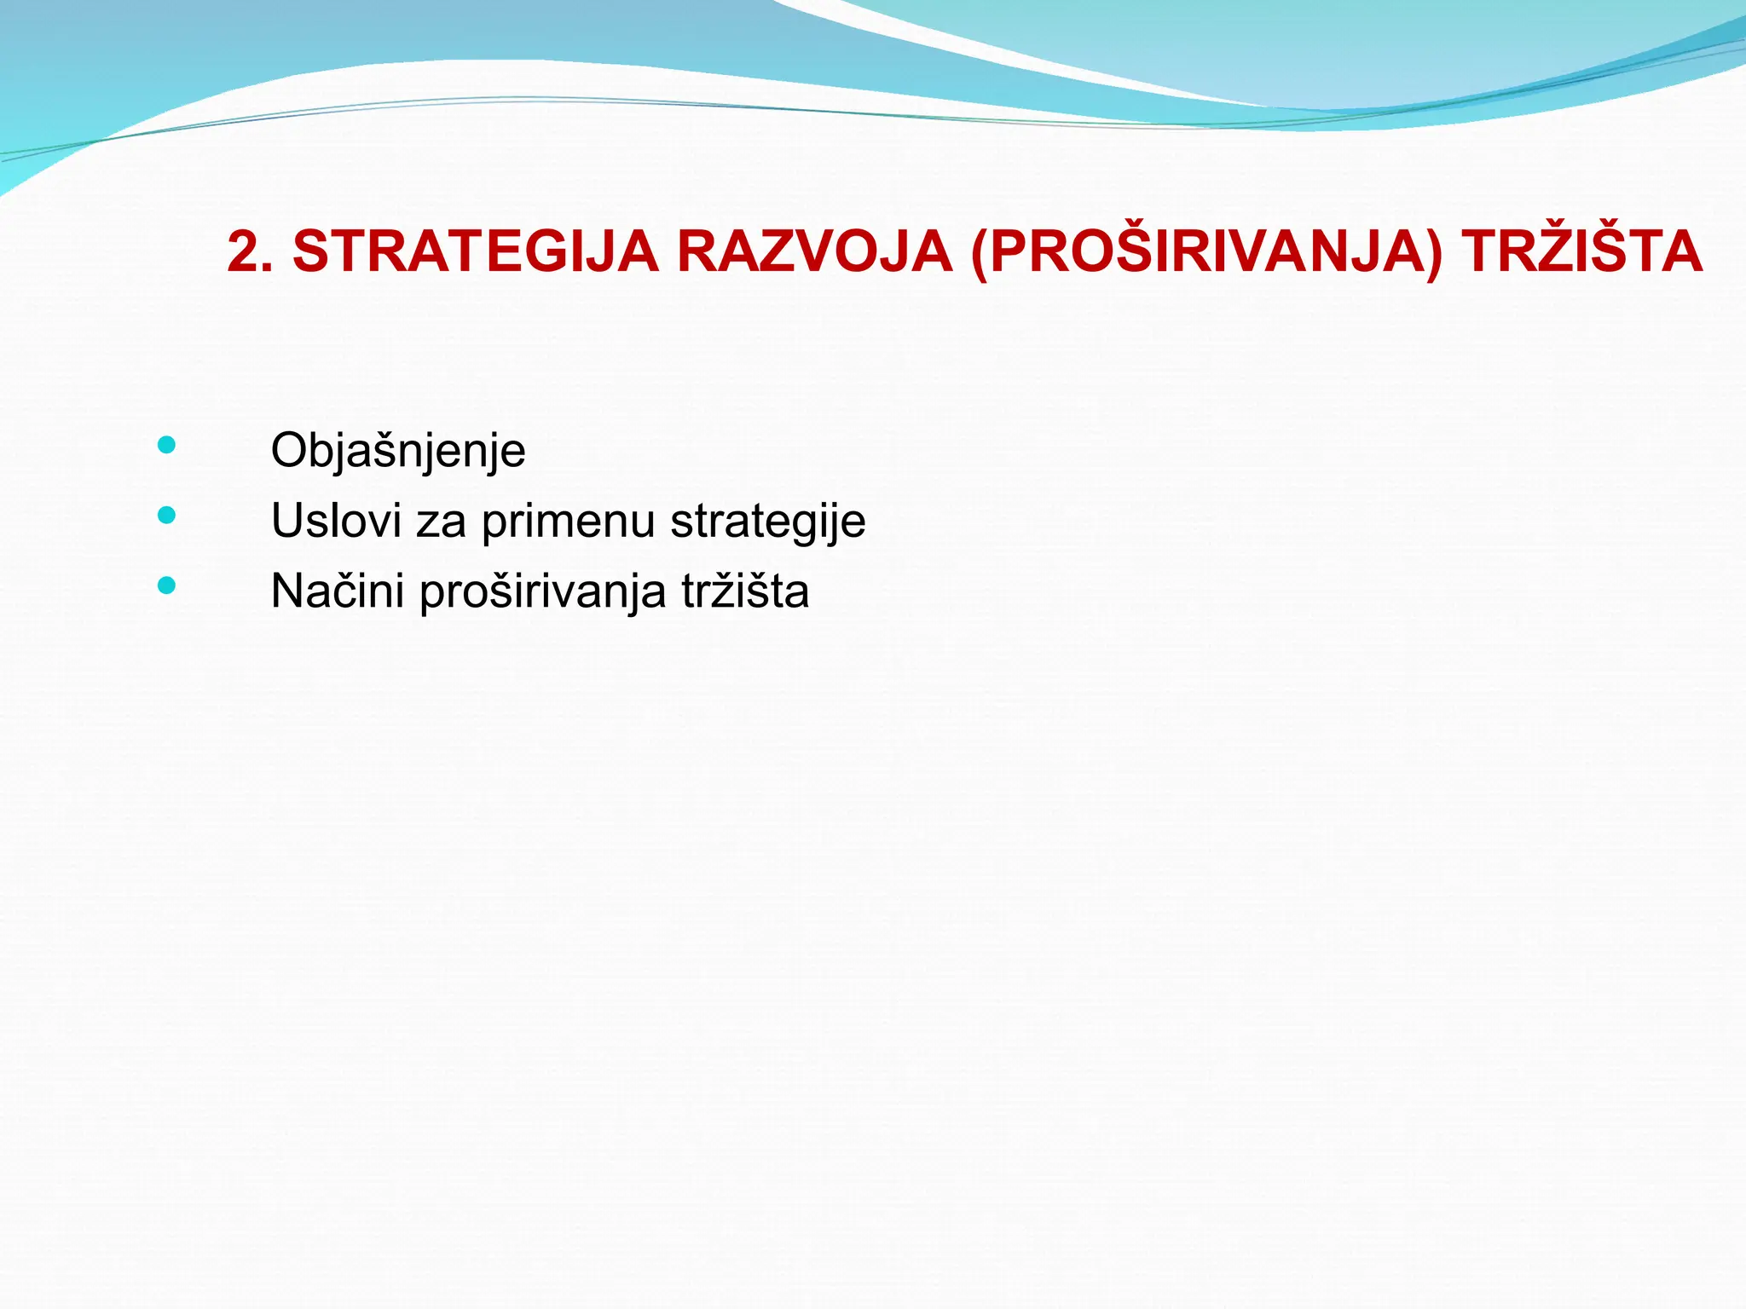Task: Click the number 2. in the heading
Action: point(250,253)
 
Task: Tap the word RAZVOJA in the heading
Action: point(814,253)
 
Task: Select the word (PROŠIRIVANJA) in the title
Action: point(1207,253)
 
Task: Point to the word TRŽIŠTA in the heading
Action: point(1581,253)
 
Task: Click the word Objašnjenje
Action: point(397,451)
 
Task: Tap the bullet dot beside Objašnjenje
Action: point(167,445)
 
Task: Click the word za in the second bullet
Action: point(441,521)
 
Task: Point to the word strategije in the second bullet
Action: point(767,521)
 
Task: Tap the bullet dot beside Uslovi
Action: point(167,515)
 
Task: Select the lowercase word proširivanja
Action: point(542,591)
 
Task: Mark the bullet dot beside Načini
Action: point(167,585)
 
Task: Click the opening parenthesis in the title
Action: point(980,253)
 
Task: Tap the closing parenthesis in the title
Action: point(1434,253)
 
